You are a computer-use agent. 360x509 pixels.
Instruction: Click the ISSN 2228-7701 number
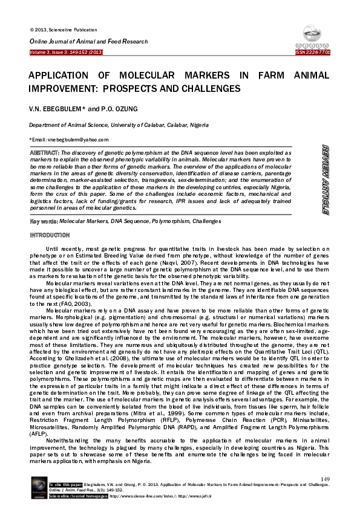[x=312, y=53]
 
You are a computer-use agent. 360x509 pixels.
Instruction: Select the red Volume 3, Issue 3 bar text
[x=67, y=53]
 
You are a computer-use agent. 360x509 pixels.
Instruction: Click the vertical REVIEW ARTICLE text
[x=325, y=180]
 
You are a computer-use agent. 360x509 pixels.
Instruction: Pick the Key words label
[x=44, y=222]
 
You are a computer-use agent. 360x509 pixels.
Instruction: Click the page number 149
[x=325, y=479]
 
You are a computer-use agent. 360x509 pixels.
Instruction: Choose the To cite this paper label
[x=65, y=485]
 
